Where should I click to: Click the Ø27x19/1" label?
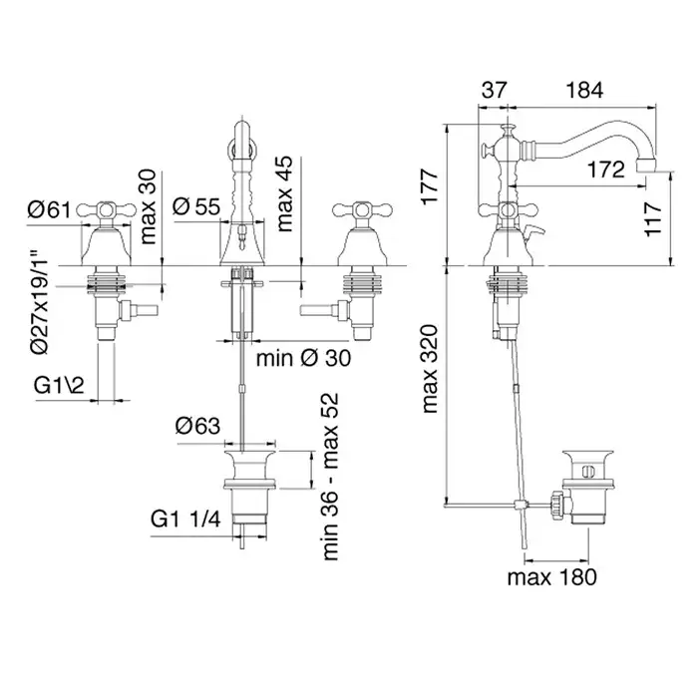tap(39, 300)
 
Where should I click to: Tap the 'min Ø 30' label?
tap(295, 357)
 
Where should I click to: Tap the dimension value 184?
tap(583, 90)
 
